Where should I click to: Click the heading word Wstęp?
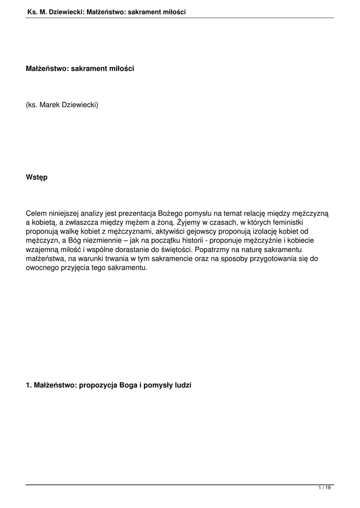[x=37, y=177]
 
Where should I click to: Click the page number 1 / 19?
[x=324, y=488]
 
